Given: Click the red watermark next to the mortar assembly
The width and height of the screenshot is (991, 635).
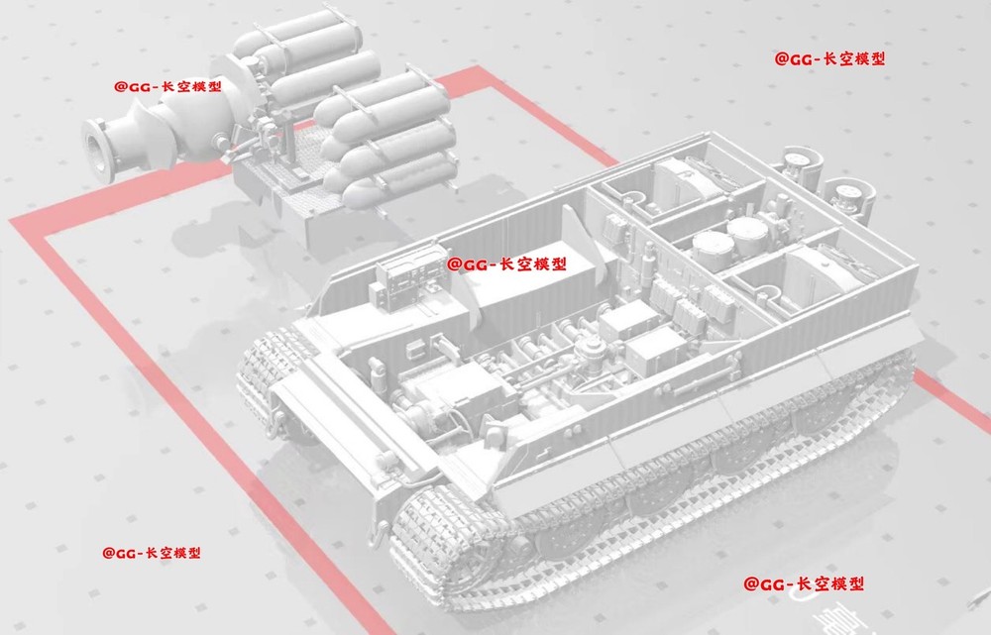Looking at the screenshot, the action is click(168, 86).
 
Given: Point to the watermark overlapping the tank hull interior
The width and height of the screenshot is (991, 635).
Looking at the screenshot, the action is click(506, 265).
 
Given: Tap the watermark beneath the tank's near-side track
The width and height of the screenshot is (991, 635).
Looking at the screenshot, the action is click(804, 583).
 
